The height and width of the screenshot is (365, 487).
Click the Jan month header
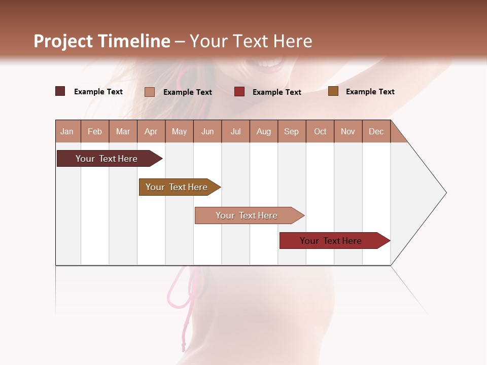click(67, 131)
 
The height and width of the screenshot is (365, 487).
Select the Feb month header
click(95, 131)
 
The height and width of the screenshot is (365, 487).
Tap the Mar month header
click(123, 131)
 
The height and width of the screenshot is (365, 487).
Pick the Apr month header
click(151, 131)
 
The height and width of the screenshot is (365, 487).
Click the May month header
click(179, 131)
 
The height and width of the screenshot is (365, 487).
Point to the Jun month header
click(207, 131)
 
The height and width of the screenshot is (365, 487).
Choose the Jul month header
click(235, 131)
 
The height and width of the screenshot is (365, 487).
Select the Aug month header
click(264, 131)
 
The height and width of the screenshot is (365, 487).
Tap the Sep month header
click(292, 131)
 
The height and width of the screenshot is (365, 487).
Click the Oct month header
click(320, 131)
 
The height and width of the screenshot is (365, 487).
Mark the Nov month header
click(348, 131)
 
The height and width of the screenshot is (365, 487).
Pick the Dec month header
click(376, 131)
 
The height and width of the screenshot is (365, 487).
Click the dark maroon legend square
click(60, 91)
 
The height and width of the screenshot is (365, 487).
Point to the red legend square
click(239, 92)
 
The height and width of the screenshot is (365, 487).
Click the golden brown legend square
click(333, 91)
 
